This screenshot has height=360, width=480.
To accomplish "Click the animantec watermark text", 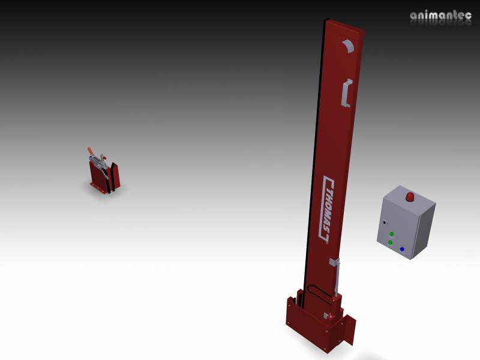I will tap(440, 16).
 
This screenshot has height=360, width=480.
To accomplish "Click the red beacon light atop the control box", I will tap(410, 197).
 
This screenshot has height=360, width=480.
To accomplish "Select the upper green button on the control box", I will tap(391, 234).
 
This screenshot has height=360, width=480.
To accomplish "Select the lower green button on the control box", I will tap(390, 242).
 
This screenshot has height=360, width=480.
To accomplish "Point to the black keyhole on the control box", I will tap(385, 222).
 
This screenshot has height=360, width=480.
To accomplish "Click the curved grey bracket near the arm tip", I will tap(348, 46).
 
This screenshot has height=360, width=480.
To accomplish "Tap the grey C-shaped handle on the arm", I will tap(346, 93).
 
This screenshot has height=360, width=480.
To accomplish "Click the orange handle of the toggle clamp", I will tap(90, 151).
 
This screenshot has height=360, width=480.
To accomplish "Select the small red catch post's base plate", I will tap(103, 191).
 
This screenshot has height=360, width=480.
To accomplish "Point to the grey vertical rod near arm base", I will tap(337, 279).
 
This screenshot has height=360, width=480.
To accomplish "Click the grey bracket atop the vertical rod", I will tap(335, 262).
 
